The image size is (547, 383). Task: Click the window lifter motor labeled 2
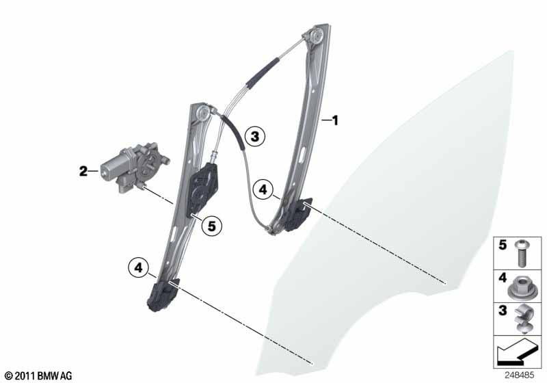coord(133,167)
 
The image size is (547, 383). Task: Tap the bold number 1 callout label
coord(335,120)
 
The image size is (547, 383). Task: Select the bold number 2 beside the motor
coord(83,171)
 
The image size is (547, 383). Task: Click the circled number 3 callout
coord(254,136)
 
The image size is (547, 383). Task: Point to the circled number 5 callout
coord(212,226)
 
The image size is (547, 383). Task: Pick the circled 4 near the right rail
coord(263,189)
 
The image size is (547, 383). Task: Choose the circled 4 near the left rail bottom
coord(139,267)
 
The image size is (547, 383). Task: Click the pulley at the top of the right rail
coord(317,36)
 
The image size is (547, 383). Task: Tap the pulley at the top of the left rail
coord(202,113)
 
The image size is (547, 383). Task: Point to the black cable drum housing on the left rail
coord(203,190)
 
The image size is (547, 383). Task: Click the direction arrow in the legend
coord(516,351)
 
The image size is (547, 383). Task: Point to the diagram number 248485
coord(519,375)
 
